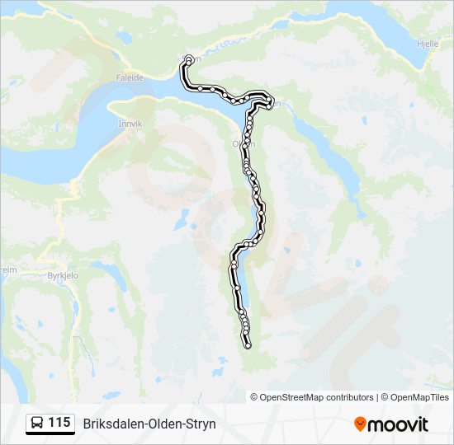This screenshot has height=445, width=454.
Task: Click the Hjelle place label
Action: pos(428,44)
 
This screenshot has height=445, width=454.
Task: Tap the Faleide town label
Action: pos(130,77)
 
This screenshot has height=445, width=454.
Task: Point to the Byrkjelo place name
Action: pos(62,277)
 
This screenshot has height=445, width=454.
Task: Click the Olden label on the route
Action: pos(244,143)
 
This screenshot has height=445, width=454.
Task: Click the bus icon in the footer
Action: pos(37,423)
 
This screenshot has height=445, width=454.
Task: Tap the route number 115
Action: pos(59,423)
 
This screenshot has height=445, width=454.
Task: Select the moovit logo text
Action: pos(398,424)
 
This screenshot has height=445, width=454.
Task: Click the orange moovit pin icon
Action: pos(360,424)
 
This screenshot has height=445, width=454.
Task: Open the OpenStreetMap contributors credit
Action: pos(316,397)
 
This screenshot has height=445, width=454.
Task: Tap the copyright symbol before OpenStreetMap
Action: pos(254,397)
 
